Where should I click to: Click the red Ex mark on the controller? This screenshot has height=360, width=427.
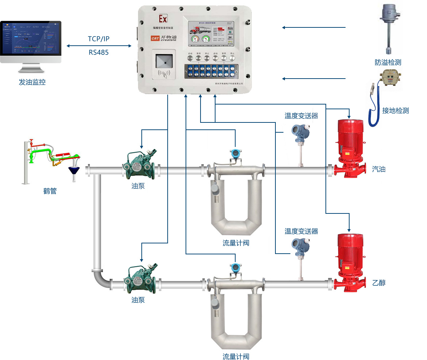(163, 18)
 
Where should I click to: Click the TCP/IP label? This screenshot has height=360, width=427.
(98, 39)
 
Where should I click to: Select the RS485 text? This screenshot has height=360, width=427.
(98, 52)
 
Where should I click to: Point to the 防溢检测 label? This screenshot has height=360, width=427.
(388, 62)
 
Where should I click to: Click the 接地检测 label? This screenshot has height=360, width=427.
(395, 111)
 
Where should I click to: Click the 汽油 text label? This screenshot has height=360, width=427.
(379, 169)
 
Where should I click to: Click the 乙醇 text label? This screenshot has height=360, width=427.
(379, 283)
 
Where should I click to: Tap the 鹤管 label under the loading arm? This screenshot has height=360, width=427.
(50, 191)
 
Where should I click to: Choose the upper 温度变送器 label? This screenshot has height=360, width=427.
(301, 116)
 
